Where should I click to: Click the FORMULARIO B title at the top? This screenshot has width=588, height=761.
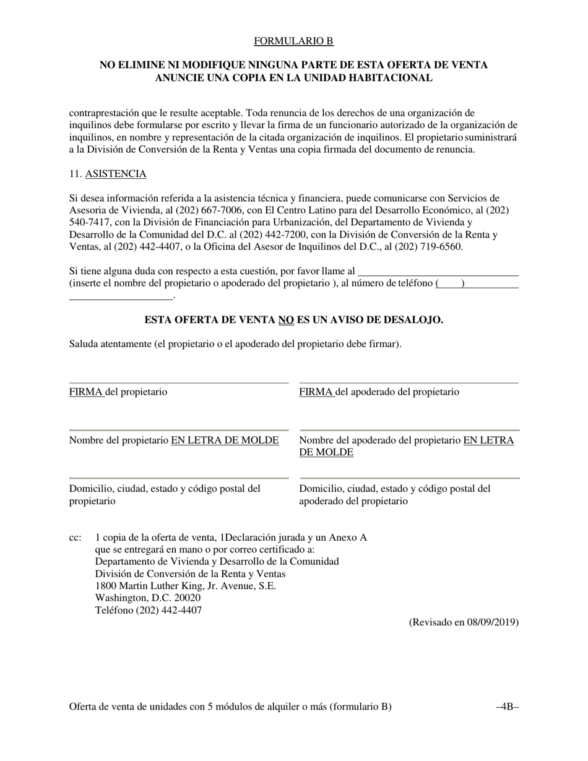pyautogui.click(x=293, y=41)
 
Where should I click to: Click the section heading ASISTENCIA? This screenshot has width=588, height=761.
pyautogui.click(x=115, y=174)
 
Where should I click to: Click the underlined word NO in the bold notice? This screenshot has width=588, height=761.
pyautogui.click(x=285, y=320)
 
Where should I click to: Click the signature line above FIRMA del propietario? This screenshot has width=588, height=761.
pyautogui.click(x=179, y=383)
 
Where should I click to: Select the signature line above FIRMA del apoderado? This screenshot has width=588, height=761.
pyautogui.click(x=409, y=383)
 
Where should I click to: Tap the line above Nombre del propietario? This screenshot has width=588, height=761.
pyautogui.click(x=179, y=430)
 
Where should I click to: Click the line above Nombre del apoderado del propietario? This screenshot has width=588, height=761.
pyautogui.click(x=410, y=430)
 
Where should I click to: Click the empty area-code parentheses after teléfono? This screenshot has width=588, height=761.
pyautogui.click(x=450, y=283)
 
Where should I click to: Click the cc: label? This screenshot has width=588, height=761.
pyautogui.click(x=75, y=537)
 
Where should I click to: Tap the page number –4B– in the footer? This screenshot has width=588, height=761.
pyautogui.click(x=507, y=707)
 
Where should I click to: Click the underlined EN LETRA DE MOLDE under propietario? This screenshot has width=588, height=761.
pyautogui.click(x=225, y=441)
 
